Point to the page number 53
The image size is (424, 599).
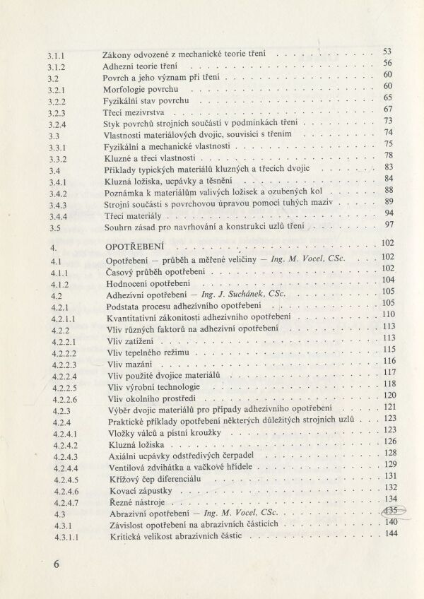(x=387, y=52)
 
